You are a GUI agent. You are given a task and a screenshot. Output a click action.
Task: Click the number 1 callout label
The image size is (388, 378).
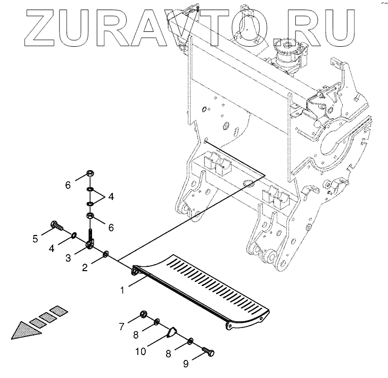tap(122, 290)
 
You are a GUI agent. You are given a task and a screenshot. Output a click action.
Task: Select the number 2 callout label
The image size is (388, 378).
tap(85, 267)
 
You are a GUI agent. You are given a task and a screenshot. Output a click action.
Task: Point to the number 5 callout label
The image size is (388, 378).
tap(35, 239)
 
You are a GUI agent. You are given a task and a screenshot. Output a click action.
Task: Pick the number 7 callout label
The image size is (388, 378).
tap(121, 325)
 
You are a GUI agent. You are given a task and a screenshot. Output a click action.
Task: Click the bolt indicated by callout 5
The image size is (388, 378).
tap(56, 226)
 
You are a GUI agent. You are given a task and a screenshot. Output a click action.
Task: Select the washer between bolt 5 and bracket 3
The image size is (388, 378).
tap(74, 235)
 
